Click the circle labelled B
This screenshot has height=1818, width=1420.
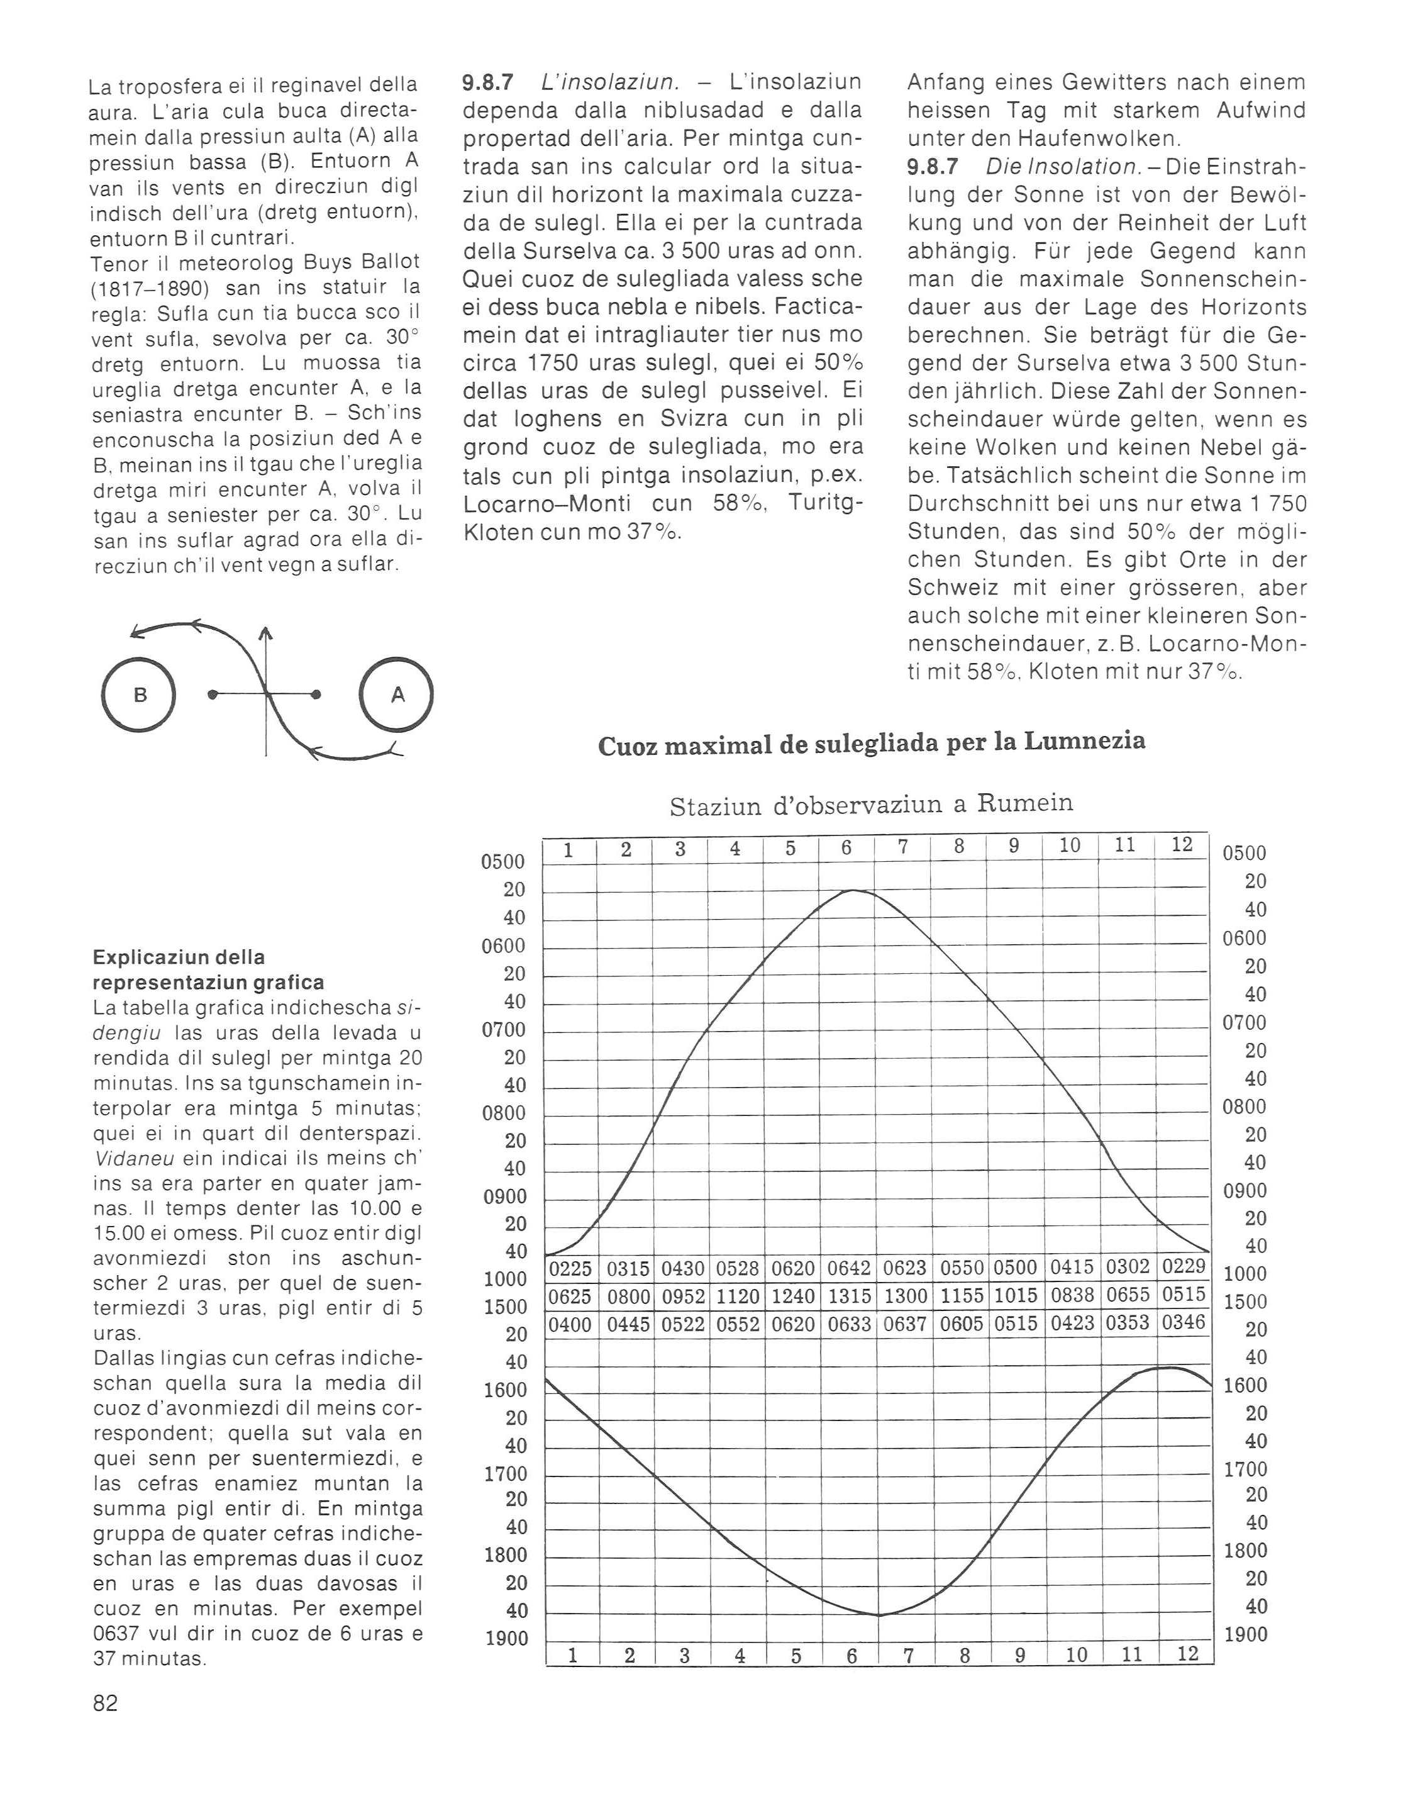coord(139,694)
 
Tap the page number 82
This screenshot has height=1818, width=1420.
coord(106,1703)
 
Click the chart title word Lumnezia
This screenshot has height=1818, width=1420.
coord(1085,740)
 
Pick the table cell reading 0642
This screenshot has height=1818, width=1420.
coord(849,1269)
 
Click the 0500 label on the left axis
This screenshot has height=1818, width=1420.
coord(504,862)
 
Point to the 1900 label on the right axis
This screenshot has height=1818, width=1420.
coord(1245,1635)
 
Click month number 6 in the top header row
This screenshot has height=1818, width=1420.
coord(846,848)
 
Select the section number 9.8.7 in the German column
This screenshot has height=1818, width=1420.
coord(932,167)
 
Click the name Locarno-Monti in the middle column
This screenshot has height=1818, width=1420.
coord(547,504)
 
